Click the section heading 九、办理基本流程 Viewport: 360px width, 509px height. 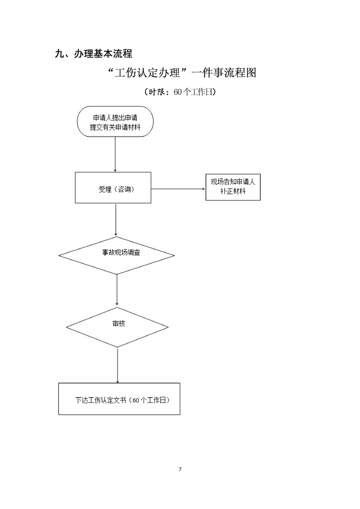coord(93,54)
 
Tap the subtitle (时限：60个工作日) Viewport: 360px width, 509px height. coord(179,92)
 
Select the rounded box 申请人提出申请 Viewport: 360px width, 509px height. coord(115,121)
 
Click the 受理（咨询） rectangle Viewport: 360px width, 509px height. coord(113,187)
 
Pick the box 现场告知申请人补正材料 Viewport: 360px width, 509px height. coord(233,187)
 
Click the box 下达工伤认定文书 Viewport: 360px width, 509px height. coord(119,399)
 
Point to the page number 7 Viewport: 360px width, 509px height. coord(180,469)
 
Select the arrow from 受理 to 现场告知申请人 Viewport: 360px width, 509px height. coord(178,188)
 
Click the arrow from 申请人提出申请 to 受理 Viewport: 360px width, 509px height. coord(115,154)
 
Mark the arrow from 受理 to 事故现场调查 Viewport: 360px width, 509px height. coord(116,220)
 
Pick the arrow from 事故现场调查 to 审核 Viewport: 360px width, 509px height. coord(117,290)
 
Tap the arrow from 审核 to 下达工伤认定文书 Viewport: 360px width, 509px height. coord(118,365)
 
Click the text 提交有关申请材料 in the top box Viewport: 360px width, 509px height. coord(115,127)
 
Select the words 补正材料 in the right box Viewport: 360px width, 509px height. coord(233,192)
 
